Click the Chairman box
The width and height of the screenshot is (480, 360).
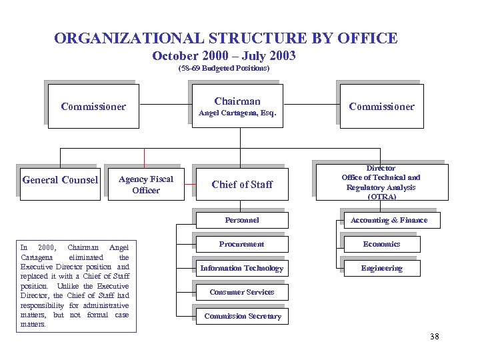pos(237,107)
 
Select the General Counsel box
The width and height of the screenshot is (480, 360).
pos(60,180)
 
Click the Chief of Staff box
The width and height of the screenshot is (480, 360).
pos(241,185)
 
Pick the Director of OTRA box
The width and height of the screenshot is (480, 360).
pos(381,183)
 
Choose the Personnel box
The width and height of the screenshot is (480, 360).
pos(241,220)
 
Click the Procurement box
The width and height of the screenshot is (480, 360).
pos(241,244)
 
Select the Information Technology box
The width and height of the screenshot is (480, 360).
pos(241,268)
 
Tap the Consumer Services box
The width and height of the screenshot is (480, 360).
pos(241,292)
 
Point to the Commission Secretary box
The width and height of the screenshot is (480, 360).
pos(241,316)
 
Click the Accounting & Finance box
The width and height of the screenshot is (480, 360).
pos(389,220)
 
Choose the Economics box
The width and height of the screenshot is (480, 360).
pos(381,244)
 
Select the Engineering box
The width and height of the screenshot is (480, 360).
pos(381,268)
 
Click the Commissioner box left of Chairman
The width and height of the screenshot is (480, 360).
pos(93,107)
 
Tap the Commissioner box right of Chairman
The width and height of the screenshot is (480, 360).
pos(381,107)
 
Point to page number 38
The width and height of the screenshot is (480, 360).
pos(435,337)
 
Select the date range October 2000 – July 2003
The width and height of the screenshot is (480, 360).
pos(224,56)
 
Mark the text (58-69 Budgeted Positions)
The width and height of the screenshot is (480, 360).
pos(224,69)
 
